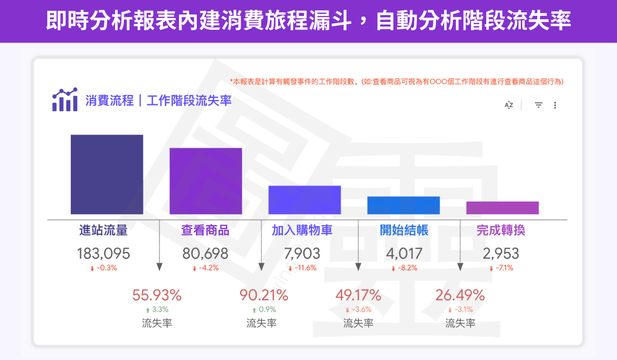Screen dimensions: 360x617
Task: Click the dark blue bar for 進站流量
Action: (x=107, y=174)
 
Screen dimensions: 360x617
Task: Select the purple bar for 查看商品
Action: (x=206, y=181)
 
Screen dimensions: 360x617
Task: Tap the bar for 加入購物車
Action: (x=304, y=200)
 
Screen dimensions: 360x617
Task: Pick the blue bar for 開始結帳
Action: (x=404, y=205)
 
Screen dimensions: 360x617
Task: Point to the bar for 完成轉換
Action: (x=502, y=208)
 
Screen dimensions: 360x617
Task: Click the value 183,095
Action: (x=103, y=254)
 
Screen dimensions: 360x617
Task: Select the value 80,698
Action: (x=205, y=254)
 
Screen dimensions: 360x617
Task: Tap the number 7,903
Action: (x=302, y=254)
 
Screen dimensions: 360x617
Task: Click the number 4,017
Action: (x=404, y=254)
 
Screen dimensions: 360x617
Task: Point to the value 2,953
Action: (x=501, y=254)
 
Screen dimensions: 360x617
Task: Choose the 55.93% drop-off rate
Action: (x=157, y=295)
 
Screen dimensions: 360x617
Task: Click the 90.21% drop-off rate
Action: (x=264, y=295)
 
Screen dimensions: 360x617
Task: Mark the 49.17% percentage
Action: (x=358, y=295)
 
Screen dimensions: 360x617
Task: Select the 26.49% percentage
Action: (x=460, y=295)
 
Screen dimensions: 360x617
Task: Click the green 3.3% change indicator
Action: (x=157, y=310)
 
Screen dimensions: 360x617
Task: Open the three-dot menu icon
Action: (x=555, y=105)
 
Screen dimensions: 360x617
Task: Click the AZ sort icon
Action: (x=509, y=105)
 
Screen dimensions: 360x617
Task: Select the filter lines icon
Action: (x=538, y=105)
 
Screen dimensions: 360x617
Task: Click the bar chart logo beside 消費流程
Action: (x=65, y=100)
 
